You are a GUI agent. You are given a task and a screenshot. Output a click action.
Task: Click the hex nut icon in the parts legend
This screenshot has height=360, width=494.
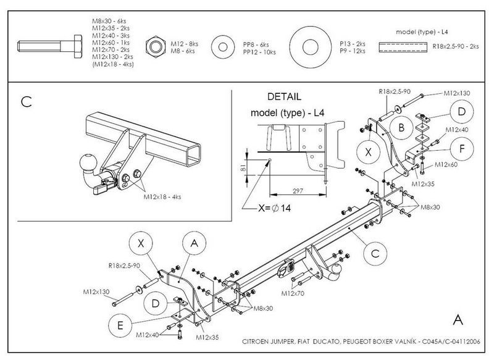(x=156, y=47)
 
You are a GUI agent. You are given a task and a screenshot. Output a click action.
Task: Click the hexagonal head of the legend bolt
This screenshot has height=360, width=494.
(x=78, y=46)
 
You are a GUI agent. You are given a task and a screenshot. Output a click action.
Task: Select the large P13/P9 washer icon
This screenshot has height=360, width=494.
(x=311, y=48)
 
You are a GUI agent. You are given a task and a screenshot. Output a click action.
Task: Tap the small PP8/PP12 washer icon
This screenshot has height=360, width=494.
(x=223, y=48)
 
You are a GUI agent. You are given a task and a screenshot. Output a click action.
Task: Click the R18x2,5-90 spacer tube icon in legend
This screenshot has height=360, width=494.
(x=403, y=48)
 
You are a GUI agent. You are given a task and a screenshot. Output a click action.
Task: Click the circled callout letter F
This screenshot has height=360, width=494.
(x=462, y=149)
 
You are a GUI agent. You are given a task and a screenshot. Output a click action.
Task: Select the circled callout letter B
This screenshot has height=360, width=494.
(x=401, y=128)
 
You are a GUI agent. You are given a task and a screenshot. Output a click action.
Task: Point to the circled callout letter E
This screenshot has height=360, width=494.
(x=120, y=325)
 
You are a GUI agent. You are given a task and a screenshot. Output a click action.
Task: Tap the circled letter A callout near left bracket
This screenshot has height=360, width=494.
(x=195, y=243)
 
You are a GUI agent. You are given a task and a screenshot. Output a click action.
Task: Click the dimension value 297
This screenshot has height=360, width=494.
(x=298, y=191)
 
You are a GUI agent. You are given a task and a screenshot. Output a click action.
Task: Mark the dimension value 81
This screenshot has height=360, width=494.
(x=243, y=167)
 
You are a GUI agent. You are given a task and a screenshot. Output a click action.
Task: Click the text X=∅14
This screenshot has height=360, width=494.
(x=274, y=208)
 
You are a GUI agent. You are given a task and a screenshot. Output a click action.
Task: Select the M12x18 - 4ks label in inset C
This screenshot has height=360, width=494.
(x=162, y=197)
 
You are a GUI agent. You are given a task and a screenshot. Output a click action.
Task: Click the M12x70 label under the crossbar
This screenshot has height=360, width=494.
(x=293, y=293)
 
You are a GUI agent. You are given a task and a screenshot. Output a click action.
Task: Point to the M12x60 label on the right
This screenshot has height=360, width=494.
(x=446, y=164)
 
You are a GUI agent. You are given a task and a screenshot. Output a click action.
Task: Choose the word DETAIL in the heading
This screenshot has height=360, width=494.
(x=284, y=96)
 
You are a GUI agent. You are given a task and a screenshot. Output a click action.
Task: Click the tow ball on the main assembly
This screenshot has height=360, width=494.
(x=337, y=270)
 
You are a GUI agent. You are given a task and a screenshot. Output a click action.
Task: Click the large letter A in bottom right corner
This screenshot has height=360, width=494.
(x=458, y=320)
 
